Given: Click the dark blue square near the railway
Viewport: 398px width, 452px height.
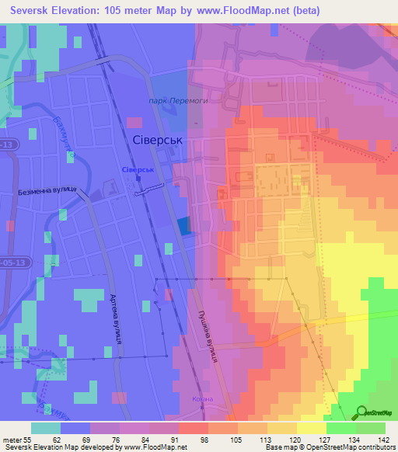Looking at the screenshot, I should [183, 226].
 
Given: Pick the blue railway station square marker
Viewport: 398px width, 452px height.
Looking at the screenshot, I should [138, 178].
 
